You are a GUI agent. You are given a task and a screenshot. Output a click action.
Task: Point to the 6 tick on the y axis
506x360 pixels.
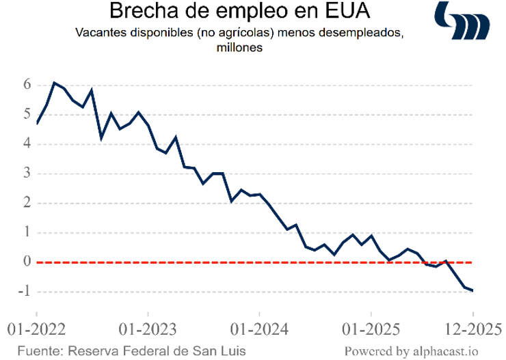27,85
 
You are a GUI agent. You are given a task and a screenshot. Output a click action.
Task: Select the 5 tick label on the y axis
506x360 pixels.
27,114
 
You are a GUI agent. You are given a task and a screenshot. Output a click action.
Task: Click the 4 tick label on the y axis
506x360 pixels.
27,143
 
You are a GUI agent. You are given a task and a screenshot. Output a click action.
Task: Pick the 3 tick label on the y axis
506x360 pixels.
27,173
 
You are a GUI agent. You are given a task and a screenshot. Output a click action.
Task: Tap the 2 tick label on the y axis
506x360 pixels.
27,203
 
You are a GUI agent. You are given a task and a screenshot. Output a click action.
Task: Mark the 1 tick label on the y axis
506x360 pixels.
27,232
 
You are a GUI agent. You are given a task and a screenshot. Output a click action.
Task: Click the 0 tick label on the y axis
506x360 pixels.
27,262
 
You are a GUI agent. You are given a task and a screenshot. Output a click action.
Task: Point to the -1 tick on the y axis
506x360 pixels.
25,292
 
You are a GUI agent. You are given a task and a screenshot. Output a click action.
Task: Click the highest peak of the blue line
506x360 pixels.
55,83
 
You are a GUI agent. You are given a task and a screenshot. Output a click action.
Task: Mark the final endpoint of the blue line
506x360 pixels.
473,291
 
